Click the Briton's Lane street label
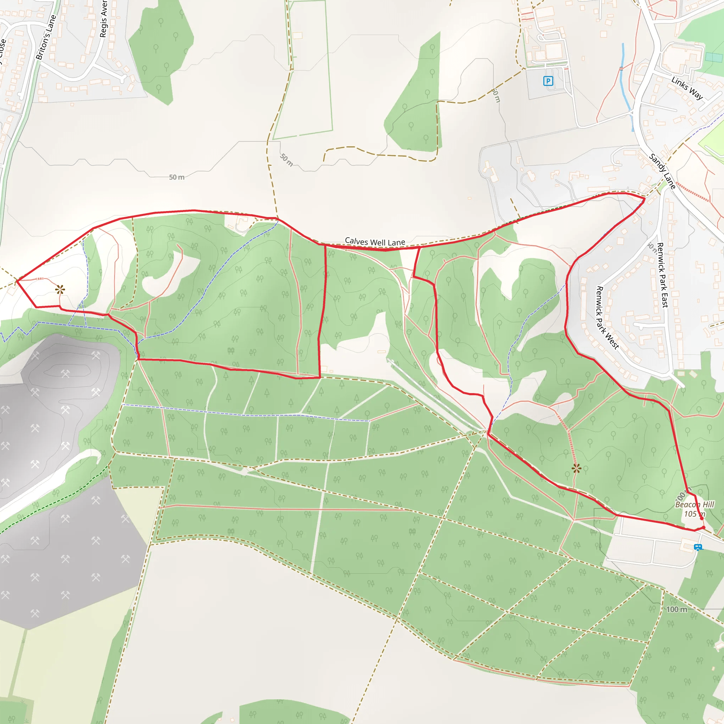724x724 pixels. pyautogui.click(x=46, y=37)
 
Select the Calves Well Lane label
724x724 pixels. pyautogui.click(x=375, y=242)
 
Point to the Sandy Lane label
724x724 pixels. pyautogui.click(x=662, y=171)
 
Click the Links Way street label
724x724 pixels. pyautogui.click(x=687, y=88)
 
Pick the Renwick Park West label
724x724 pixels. pyautogui.click(x=607, y=318)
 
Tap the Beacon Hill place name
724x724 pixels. pyautogui.click(x=694, y=504)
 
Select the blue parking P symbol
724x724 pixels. pyautogui.click(x=548, y=81)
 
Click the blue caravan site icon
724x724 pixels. pyautogui.click(x=697, y=547)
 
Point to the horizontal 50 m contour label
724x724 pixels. pyautogui.click(x=176, y=177)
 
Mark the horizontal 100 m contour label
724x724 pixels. pyautogui.click(x=677, y=609)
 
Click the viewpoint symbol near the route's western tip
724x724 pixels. pyautogui.click(x=60, y=289)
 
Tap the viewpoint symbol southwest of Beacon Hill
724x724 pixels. pyautogui.click(x=576, y=468)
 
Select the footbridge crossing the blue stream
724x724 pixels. pyautogui.click(x=621, y=68)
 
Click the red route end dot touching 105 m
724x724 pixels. pyautogui.click(x=701, y=519)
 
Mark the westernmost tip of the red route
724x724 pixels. pyautogui.click(x=17, y=281)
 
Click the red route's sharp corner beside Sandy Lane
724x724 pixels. pyautogui.click(x=644, y=199)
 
